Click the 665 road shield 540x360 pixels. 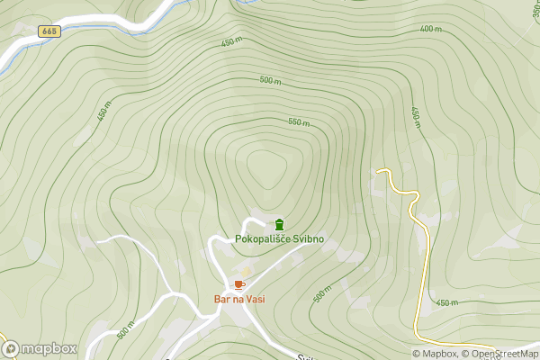point(49,31)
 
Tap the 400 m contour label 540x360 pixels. point(430,29)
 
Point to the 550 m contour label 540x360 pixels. point(299,122)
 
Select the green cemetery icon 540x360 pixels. point(279,224)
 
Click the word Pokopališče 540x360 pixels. point(261,239)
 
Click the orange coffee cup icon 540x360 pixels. point(238,284)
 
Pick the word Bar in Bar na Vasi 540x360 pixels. point(221,299)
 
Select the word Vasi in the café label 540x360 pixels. point(255,299)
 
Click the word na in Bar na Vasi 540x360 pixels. point(238,299)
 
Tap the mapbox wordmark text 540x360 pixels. point(49,348)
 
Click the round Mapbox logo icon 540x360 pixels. point(11,348)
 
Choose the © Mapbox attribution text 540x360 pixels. point(435,354)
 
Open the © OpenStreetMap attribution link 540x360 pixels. point(499,354)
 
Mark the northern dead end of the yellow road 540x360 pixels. point(378,170)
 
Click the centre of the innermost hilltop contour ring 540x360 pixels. point(264,167)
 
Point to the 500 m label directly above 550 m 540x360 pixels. point(270,80)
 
